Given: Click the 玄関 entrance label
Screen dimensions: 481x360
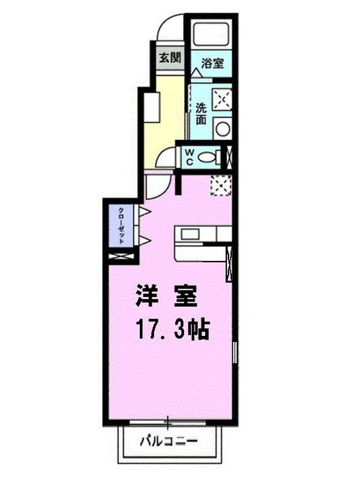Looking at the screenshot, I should tap(169, 58).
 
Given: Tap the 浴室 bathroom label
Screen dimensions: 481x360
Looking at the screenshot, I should tap(211, 64).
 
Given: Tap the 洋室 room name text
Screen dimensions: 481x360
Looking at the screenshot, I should tap(167, 295).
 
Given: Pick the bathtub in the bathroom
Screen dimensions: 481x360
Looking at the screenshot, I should tap(211, 35).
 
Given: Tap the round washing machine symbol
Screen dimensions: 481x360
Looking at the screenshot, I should tap(222, 128).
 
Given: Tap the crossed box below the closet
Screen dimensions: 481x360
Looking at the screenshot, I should tap(120, 256).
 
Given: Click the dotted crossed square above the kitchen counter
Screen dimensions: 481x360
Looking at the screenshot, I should tap(222, 185).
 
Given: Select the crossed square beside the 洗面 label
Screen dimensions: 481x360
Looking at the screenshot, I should tap(222, 98).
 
